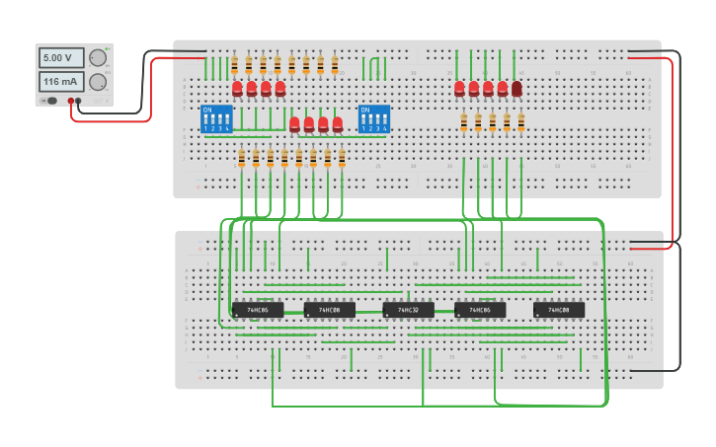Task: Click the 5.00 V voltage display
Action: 61,58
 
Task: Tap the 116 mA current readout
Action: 61,82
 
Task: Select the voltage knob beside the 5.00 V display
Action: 98,58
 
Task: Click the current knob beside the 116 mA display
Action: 98,82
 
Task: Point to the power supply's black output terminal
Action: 70,101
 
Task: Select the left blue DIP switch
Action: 215,118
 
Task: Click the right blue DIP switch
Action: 373,118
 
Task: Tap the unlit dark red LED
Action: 517,89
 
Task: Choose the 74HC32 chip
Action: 408,310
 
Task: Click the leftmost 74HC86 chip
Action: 258,310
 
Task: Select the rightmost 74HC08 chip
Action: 558,310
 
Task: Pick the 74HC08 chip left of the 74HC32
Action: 329,310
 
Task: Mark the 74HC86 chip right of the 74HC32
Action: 480,310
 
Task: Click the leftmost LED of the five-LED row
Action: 459,89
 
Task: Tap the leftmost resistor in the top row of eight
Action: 234,65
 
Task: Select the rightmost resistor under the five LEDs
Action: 521,122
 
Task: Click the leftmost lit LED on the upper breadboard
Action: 237,89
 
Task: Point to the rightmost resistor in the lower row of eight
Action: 342,158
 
